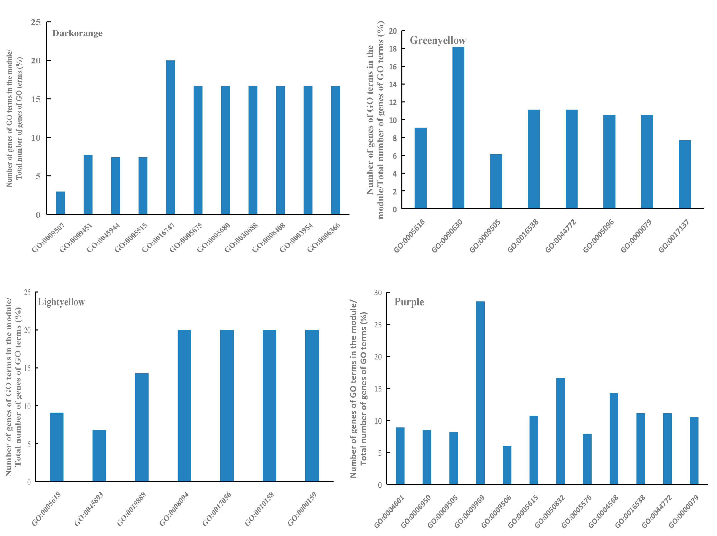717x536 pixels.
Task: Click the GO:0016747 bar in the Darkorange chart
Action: tap(170, 137)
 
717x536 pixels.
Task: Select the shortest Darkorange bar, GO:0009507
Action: tap(60, 203)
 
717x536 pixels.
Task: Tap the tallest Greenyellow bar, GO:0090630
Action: tap(458, 128)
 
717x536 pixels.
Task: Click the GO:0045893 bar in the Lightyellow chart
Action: tap(99, 455)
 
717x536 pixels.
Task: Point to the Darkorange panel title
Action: tap(77, 33)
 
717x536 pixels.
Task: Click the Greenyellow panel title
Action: tap(438, 41)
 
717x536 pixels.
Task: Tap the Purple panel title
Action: tap(409, 302)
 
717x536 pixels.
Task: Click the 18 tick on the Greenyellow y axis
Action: tap(393, 49)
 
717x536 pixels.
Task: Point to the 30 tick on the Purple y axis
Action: tap(378, 293)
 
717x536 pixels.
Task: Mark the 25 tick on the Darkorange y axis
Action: tap(36, 22)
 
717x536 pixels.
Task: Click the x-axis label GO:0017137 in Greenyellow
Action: tap(674, 236)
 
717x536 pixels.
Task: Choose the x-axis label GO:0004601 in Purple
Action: tap(389, 511)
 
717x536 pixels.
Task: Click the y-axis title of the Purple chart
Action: tap(359, 388)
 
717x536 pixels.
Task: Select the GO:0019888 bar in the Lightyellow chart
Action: tap(142, 427)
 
